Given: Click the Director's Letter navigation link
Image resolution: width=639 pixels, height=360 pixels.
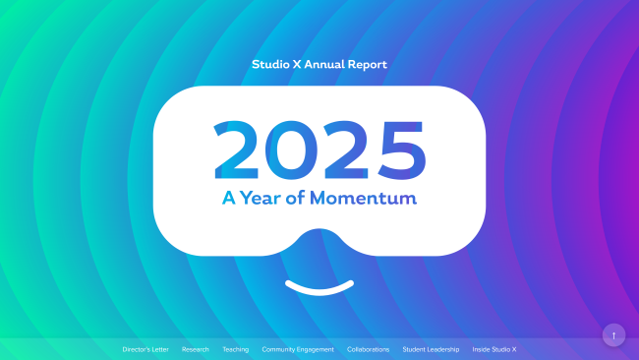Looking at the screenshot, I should pos(145,349).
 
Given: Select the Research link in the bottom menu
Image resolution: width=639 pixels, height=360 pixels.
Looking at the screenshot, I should pos(196,349).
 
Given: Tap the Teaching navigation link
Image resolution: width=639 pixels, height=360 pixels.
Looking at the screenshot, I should pos(236,349).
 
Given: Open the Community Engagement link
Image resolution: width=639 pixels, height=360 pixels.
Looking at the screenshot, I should pos(298,349).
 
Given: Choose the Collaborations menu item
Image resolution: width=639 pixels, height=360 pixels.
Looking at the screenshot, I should pos(369,349).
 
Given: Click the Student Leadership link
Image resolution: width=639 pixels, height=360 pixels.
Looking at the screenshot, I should pos(431,349).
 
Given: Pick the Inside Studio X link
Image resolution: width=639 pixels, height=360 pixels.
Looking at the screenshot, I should pos(494,349).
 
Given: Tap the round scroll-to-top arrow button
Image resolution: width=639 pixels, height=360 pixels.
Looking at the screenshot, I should pos(613,335).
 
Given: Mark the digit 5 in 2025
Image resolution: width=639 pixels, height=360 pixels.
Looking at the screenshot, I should pos(399,150).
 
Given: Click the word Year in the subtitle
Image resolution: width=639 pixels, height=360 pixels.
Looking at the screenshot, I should pos(263,198).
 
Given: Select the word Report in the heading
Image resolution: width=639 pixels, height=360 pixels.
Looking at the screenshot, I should pos(367,64).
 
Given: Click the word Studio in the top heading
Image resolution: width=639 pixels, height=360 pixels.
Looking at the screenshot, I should pos(270,64).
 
